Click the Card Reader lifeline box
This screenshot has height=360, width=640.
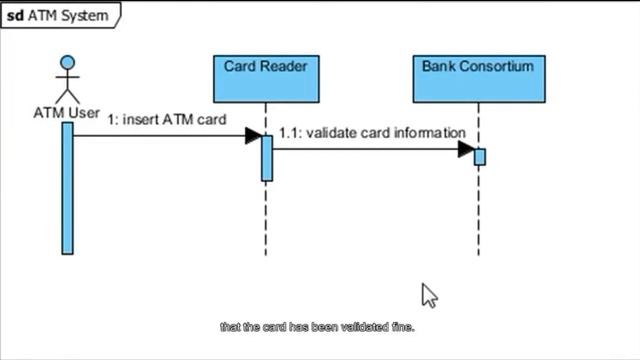pyautogui.click(x=265, y=79)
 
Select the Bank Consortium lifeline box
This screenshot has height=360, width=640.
pyautogui.click(x=478, y=79)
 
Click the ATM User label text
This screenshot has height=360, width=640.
pyautogui.click(x=66, y=113)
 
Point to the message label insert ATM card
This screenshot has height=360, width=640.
pyautogui.click(x=167, y=119)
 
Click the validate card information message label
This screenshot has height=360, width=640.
pyautogui.click(x=372, y=132)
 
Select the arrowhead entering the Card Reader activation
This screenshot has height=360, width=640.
pyautogui.click(x=253, y=135)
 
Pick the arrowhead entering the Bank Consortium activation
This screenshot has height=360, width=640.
pyautogui.click(x=466, y=149)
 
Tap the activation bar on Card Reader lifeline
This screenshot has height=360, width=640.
pyautogui.click(x=267, y=157)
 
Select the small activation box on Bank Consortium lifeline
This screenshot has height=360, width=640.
pyautogui.click(x=480, y=157)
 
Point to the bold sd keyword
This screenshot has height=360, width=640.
pyautogui.click(x=16, y=15)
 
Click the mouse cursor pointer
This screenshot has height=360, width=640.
pyautogui.click(x=428, y=295)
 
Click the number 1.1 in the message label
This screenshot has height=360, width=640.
pyautogui.click(x=290, y=132)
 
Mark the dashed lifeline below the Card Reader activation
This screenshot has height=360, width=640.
pyautogui.click(x=266, y=220)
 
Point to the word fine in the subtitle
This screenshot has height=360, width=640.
pyautogui.click(x=402, y=327)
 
